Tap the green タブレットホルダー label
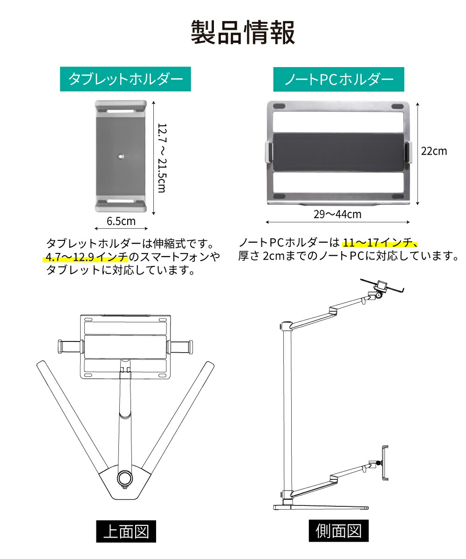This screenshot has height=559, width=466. pos(125,79)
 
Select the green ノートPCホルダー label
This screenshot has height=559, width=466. pos(339,79)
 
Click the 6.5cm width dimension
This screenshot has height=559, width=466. pos(121,221)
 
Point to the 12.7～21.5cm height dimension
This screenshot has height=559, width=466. pos(161,157)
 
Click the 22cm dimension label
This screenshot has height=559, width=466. pos(433,151)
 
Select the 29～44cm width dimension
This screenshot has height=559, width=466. pos(337,214)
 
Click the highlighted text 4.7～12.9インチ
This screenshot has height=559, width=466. pos(87,257)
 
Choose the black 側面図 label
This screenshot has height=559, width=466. pos(339,531)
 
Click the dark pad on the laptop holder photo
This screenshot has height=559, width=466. pos(338,152)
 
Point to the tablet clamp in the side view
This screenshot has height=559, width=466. pos(385,462)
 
